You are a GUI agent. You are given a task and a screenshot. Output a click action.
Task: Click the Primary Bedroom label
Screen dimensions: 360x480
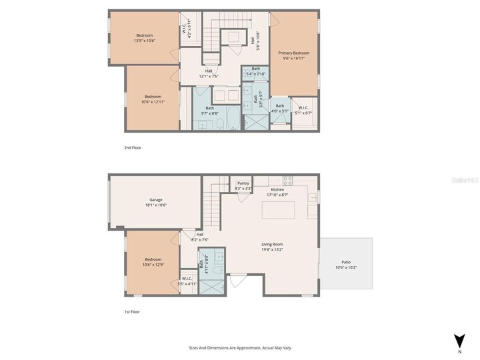click(x=293, y=55)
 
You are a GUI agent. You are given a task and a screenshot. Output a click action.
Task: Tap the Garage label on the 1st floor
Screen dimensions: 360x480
click(x=156, y=202)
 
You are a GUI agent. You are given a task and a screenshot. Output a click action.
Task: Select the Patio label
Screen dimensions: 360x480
click(x=346, y=265)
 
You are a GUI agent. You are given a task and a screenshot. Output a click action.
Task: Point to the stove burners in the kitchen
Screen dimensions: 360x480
click(x=287, y=179)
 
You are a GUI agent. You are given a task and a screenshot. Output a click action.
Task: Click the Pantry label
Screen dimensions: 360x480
click(x=243, y=185)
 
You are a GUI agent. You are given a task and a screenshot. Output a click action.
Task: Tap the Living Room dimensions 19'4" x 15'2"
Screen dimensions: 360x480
click(x=272, y=250)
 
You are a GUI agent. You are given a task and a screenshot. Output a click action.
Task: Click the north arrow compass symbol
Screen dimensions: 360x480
click(x=458, y=341)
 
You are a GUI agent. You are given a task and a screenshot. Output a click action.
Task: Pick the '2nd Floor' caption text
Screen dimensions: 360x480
click(x=133, y=147)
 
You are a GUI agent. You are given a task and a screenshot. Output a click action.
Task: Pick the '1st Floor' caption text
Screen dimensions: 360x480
click(x=132, y=311)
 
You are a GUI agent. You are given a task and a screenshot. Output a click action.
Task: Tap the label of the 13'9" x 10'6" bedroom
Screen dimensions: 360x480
click(x=145, y=38)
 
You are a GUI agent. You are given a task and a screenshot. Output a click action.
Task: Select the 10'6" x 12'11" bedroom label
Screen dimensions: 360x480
click(x=153, y=99)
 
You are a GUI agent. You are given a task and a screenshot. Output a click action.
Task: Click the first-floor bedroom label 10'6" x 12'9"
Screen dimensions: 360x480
click(x=153, y=263)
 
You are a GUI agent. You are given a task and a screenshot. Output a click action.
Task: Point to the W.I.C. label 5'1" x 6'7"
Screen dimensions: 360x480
click(x=303, y=110)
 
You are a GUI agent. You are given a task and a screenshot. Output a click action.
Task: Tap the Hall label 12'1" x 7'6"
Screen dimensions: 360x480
click(x=209, y=73)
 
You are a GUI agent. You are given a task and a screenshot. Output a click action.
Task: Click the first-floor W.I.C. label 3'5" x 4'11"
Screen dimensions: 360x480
click(x=187, y=281)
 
